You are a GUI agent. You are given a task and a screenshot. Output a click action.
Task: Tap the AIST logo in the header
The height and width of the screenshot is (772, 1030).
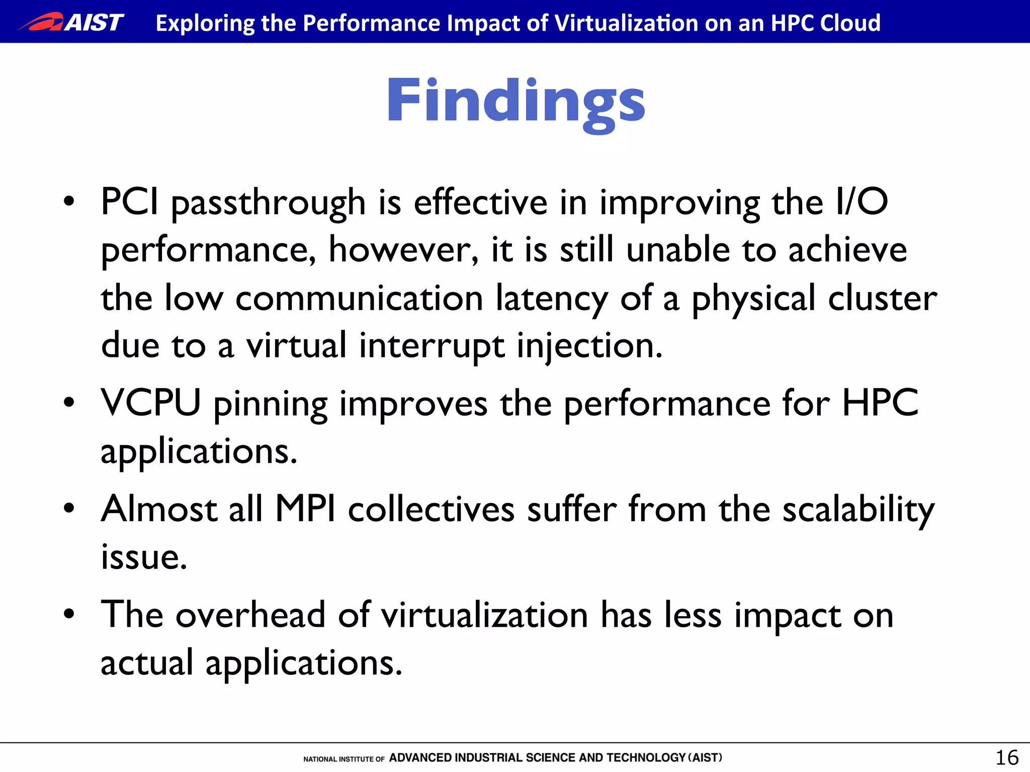(x=71, y=22)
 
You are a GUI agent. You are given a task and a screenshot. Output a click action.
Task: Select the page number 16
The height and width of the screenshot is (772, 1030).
(x=1007, y=757)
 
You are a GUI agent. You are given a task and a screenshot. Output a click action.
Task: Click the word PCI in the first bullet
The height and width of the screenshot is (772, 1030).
(x=130, y=202)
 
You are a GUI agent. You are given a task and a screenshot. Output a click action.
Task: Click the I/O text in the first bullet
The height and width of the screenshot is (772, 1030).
(x=862, y=202)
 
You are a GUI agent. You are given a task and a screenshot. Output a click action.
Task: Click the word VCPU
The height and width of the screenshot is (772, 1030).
(x=151, y=403)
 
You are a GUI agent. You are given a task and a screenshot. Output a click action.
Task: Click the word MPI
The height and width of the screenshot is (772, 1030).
(x=305, y=509)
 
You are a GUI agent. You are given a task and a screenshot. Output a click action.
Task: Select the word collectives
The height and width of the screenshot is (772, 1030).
(x=431, y=509)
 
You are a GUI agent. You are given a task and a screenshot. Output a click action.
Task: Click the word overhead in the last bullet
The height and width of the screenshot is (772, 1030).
(x=250, y=615)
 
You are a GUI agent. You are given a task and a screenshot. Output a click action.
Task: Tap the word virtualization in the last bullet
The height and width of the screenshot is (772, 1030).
(x=484, y=615)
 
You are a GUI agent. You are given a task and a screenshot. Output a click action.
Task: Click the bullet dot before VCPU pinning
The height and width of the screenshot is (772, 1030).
(x=69, y=403)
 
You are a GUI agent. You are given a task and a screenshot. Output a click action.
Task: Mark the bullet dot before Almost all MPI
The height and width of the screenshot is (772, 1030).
(x=69, y=508)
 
